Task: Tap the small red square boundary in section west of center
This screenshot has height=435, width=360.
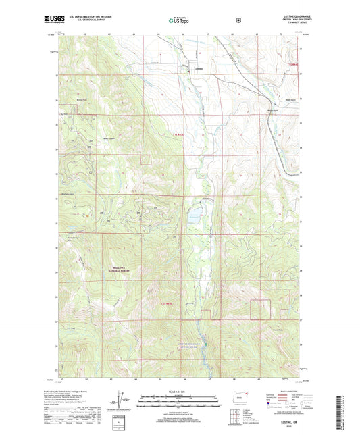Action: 145,159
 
